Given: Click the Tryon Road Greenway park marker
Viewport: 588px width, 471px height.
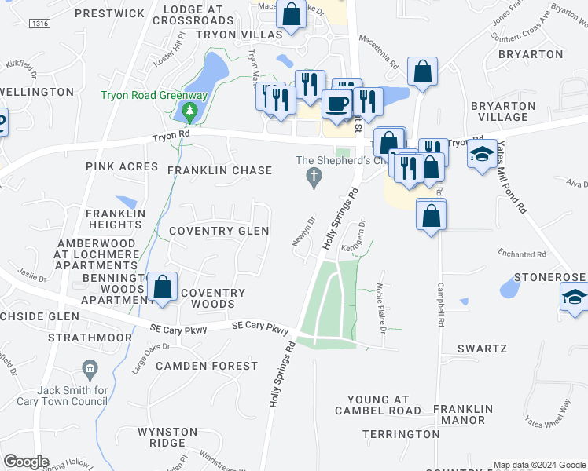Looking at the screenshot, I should [189, 112].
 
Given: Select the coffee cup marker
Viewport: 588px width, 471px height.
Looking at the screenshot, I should [338, 105].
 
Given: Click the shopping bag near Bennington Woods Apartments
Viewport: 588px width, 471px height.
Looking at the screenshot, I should [163, 287].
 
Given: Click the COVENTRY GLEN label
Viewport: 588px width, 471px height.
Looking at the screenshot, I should [219, 231].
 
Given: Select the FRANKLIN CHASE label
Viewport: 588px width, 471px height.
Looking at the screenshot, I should [219, 170].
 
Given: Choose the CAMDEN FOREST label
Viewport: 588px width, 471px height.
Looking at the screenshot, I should [207, 366].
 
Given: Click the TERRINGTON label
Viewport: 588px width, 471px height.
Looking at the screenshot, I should [401, 434].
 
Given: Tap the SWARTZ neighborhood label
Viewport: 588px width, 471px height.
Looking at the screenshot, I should [484, 348].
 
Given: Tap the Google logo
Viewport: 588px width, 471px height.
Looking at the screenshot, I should [26, 462].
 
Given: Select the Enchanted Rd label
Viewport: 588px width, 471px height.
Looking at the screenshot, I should [522, 254].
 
